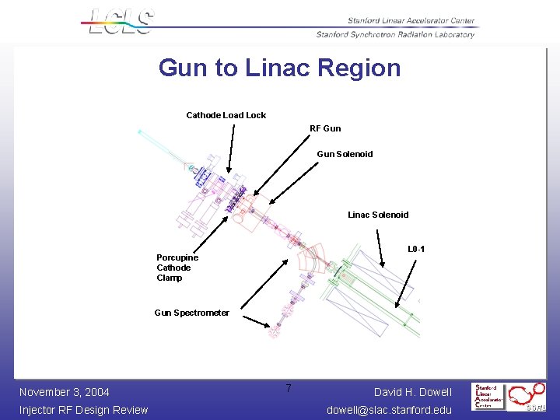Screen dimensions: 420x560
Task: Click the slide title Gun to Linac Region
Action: [279, 68]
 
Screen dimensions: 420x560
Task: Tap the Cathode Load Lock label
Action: [226, 115]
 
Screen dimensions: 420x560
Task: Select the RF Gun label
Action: [325, 128]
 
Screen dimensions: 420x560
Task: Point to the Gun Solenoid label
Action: [345, 154]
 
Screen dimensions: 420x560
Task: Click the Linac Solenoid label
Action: [378, 215]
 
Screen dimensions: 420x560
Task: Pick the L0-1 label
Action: [416, 250]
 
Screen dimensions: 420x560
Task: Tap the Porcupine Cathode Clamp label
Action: [177, 268]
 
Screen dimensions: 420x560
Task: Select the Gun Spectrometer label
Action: [191, 313]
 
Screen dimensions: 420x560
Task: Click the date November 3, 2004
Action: [64, 392]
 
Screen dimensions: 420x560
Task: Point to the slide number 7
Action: [288, 388]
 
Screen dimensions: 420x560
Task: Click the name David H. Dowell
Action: [412, 392]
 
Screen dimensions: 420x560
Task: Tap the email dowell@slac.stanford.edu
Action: [389, 410]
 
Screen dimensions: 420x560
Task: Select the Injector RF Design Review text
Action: [83, 410]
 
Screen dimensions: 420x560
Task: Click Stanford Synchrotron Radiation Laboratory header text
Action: [395, 34]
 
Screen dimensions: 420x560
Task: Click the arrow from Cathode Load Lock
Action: [231, 148]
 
